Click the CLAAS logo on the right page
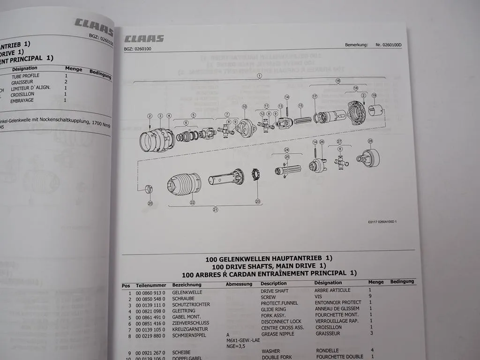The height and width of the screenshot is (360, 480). (144, 38)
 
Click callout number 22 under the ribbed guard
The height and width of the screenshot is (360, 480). (192, 202)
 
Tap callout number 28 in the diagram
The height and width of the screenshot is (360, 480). (370, 141)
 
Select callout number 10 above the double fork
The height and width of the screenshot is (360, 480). (244, 107)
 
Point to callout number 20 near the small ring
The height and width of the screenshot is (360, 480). (150, 203)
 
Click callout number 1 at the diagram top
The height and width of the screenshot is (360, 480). (259, 75)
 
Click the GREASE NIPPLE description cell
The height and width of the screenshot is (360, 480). (278, 333)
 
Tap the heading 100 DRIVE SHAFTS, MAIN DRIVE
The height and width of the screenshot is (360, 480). (269, 266)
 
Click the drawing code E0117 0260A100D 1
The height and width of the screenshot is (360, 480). (382, 222)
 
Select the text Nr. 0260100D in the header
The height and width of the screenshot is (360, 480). (389, 45)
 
